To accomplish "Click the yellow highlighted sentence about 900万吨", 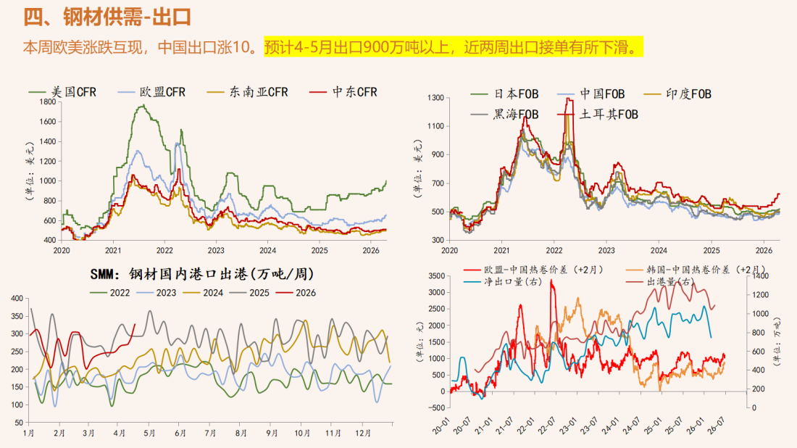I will (453, 48).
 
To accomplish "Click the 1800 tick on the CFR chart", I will (46, 102).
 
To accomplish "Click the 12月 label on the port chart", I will (363, 433).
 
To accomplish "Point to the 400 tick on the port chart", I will (16, 299).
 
